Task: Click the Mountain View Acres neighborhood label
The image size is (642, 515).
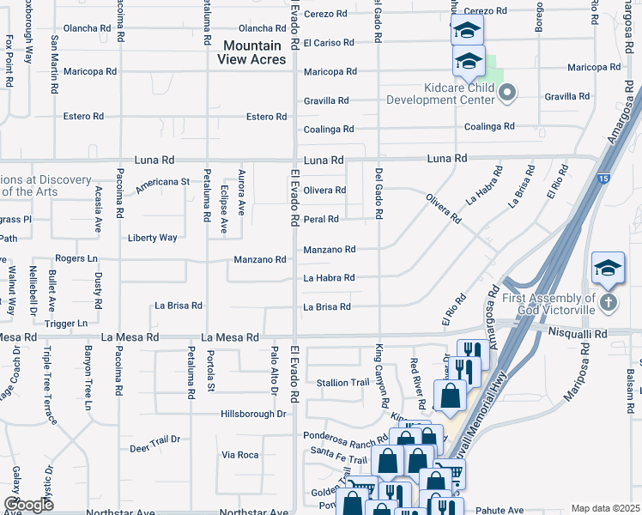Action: tap(252, 51)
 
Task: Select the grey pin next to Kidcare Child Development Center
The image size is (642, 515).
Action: tap(506, 93)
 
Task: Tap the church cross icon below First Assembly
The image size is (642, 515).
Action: tap(608, 302)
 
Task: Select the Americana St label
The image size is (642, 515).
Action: tap(162, 182)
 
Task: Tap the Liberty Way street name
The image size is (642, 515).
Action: tap(153, 238)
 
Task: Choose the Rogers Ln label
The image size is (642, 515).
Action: tap(76, 258)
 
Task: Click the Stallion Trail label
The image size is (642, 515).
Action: tap(342, 382)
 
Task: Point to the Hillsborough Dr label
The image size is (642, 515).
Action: tap(253, 414)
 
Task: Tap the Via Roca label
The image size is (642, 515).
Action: tap(239, 454)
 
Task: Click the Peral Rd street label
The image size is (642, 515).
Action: tap(321, 220)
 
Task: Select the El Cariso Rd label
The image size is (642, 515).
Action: tap(330, 42)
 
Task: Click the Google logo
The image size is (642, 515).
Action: tap(28, 504)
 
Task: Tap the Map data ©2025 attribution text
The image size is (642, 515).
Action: tap(605, 508)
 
